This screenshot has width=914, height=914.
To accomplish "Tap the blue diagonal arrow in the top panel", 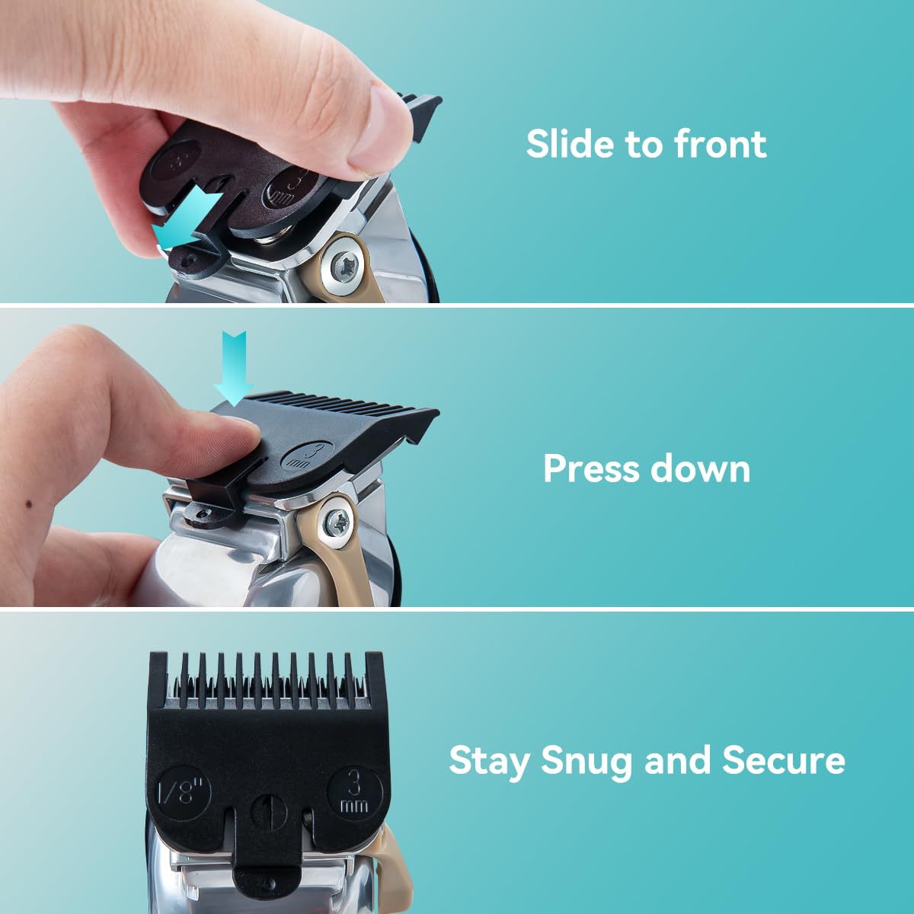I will click(187, 221).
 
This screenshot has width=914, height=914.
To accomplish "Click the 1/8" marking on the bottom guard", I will click(183, 789).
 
